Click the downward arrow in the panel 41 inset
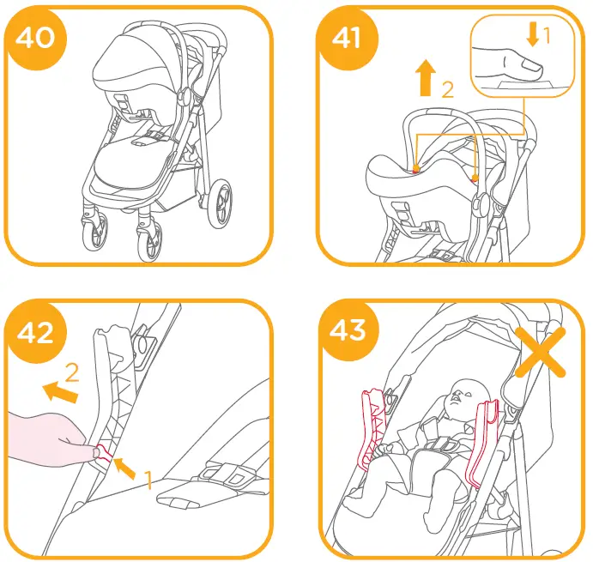tap(533, 34)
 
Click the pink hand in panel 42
tap(43, 438)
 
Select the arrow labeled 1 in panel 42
tap(126, 468)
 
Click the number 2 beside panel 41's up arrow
tap(447, 89)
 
